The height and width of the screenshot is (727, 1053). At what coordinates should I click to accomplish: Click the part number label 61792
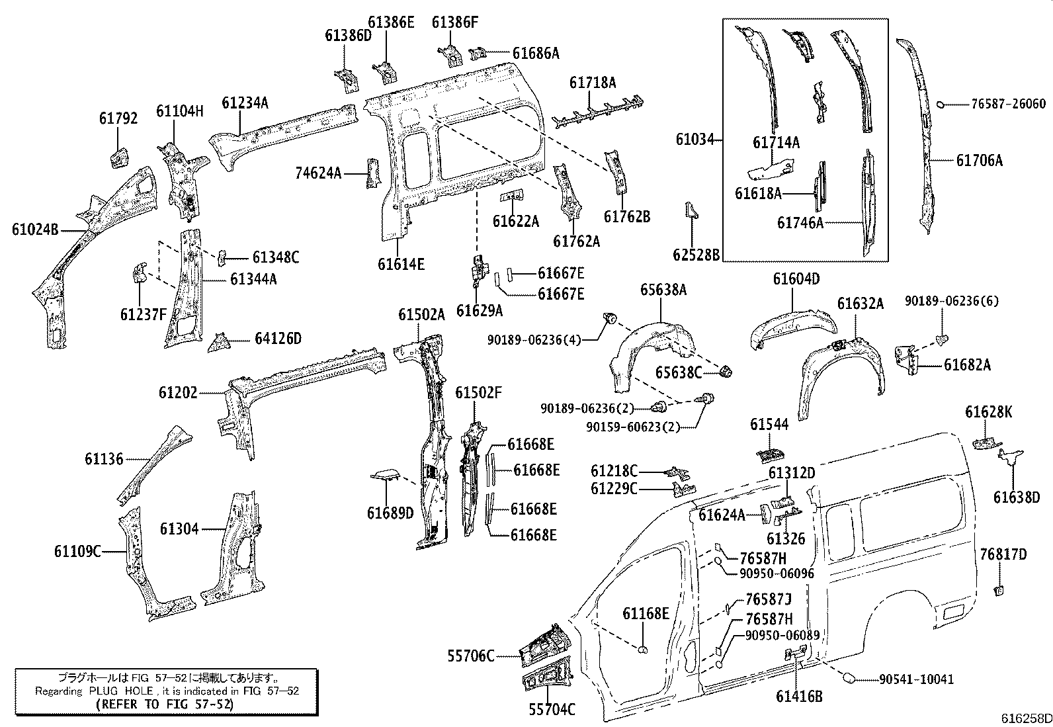pos(118,118)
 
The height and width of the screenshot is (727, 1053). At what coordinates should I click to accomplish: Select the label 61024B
pos(34,230)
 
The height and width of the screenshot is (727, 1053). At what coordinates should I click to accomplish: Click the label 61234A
pos(245,103)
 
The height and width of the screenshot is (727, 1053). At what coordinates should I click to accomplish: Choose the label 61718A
pos(593,83)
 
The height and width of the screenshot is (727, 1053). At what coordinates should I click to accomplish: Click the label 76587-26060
pos(1008,104)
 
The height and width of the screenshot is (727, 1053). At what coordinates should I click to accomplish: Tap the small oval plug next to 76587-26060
pos(942,104)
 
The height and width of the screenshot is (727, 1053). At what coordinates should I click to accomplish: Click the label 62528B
pos(696,254)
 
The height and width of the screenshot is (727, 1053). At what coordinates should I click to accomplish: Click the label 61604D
pos(796,279)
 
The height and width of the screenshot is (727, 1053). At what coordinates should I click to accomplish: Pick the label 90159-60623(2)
pos(632,427)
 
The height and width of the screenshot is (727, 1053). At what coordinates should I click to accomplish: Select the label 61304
pos(179,529)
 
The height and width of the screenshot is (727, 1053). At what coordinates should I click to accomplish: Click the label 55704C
pos(552,710)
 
